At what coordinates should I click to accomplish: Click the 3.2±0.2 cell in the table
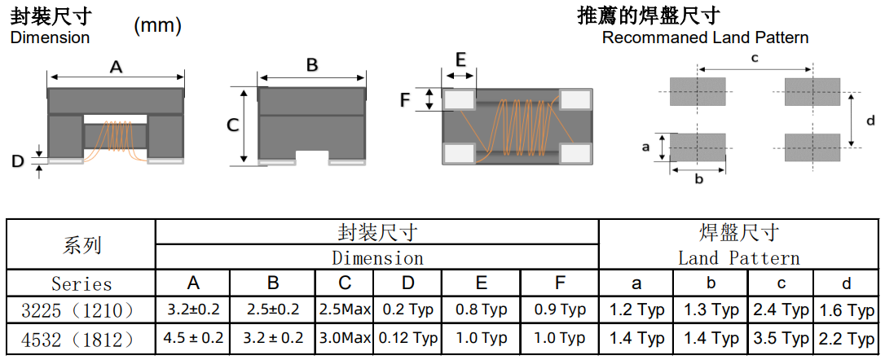pyautogui.click(x=193, y=310)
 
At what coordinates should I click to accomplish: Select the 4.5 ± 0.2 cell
pyautogui.click(x=193, y=337)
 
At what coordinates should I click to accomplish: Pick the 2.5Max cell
pyautogui.click(x=345, y=310)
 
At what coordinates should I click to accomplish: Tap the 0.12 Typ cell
pyautogui.click(x=407, y=337)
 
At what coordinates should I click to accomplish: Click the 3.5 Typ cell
pyautogui.click(x=781, y=337)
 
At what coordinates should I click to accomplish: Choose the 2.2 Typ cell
pyautogui.click(x=848, y=337)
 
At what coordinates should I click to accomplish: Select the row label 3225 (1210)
pyautogui.click(x=81, y=310)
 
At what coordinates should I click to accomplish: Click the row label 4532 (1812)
pyautogui.click(x=81, y=337)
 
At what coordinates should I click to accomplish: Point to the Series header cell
pyautogui.click(x=81, y=284)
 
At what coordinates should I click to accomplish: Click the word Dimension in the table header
pyautogui.click(x=377, y=258)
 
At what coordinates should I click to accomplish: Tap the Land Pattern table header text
pyautogui.click(x=738, y=258)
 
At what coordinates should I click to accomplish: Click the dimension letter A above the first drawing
pyautogui.click(x=116, y=68)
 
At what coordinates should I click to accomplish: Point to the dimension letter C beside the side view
pyautogui.click(x=232, y=125)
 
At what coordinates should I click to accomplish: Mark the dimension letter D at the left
pyautogui.click(x=18, y=162)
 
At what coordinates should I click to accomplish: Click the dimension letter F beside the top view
pyautogui.click(x=405, y=100)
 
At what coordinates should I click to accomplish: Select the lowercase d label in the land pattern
pyautogui.click(x=870, y=121)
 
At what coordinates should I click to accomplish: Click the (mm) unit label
pyautogui.click(x=157, y=26)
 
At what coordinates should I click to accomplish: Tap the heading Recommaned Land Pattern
pyautogui.click(x=705, y=37)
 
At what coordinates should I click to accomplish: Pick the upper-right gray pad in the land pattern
pyautogui.click(x=812, y=90)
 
